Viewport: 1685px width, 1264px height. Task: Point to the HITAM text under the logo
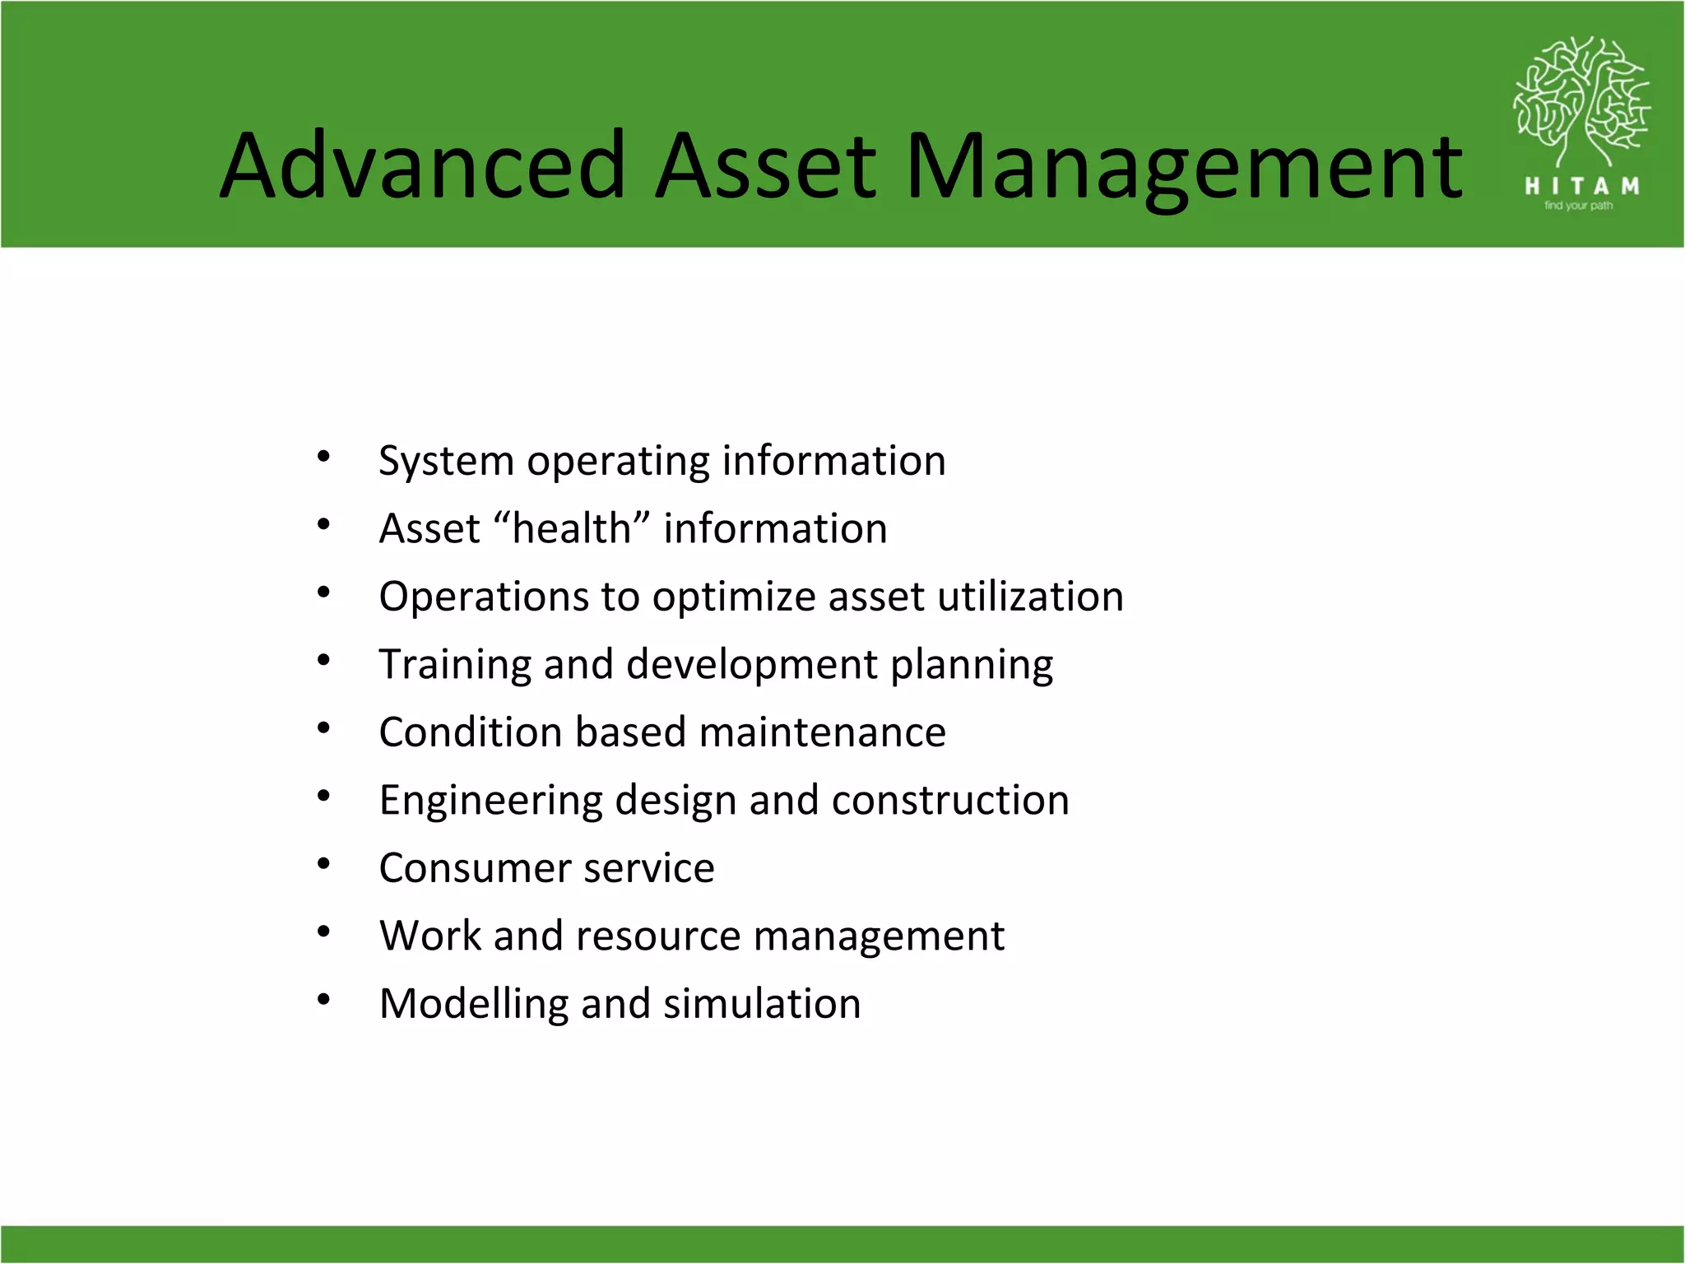tap(1581, 187)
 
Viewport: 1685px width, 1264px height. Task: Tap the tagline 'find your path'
tap(1578, 206)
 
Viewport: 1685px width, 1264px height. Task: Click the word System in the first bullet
tap(446, 461)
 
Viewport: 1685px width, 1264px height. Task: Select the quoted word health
tap(572, 528)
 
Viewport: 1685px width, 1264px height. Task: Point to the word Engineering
tap(490, 801)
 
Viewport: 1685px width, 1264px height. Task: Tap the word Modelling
tap(473, 1004)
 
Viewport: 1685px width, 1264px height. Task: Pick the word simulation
tap(762, 1004)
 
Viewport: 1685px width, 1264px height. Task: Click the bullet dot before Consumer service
tap(323, 864)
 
